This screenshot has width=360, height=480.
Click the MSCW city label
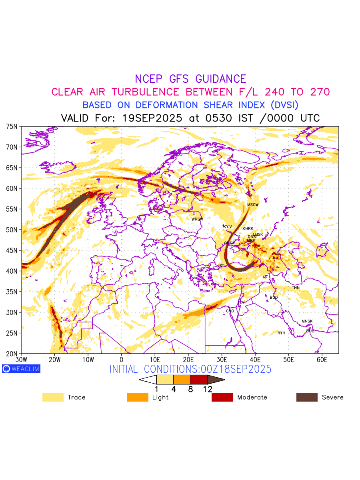click(x=253, y=205)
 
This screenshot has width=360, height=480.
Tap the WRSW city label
click(x=197, y=219)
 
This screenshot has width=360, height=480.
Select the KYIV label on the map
click(x=228, y=227)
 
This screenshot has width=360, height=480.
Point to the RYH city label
click(x=282, y=333)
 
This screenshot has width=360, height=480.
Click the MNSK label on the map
click(x=307, y=322)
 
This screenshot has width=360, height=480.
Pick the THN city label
click(x=296, y=288)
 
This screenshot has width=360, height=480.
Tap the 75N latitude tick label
click(x=12, y=126)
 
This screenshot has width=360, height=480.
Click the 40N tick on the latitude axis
click(x=12, y=271)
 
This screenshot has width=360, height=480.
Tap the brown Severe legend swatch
click(x=307, y=397)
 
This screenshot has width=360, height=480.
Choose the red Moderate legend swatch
click(x=222, y=397)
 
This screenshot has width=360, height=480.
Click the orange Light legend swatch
click(x=138, y=397)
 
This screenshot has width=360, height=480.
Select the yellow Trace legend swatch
click(x=53, y=397)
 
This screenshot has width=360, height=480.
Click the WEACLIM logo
click(x=21, y=369)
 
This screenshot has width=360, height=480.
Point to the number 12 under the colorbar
click(x=207, y=389)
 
